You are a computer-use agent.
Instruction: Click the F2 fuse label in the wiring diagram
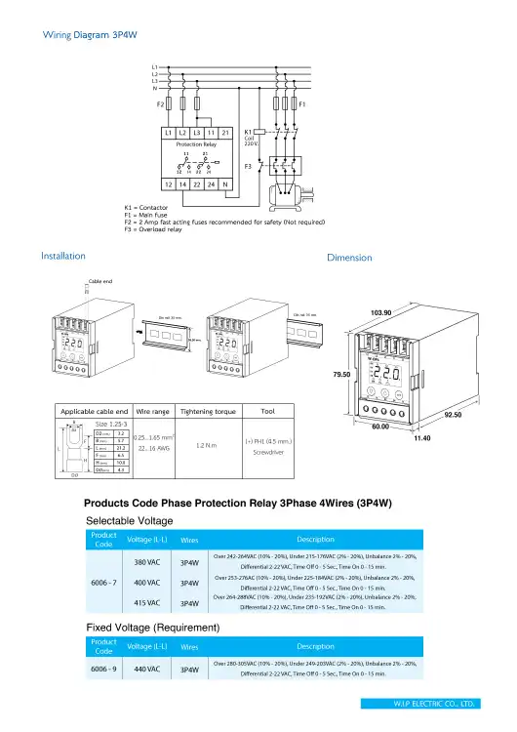(160, 102)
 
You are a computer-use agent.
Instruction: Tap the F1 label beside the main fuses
(303, 102)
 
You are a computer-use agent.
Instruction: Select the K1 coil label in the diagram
(249, 131)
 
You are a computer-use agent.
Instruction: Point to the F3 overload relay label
(248, 167)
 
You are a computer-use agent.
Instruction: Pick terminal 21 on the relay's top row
(225, 131)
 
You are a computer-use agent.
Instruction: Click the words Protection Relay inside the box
(196, 143)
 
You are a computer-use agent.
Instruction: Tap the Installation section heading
(63, 256)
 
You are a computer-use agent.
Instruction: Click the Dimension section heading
(350, 259)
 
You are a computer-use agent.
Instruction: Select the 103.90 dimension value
(382, 312)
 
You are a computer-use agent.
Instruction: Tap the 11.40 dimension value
(423, 439)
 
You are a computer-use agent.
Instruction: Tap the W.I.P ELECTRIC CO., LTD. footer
(433, 703)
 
